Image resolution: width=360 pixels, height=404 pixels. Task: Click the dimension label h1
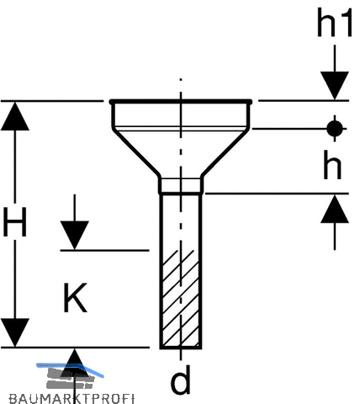pos(335,23)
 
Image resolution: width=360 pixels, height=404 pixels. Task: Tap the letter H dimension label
pos(14,222)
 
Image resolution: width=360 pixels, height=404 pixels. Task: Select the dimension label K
pos(75,298)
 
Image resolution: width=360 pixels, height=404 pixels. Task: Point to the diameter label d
pos(181,380)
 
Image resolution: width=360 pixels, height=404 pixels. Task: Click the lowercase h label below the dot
pos(332,165)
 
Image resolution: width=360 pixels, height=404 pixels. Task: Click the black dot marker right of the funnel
pos(335,129)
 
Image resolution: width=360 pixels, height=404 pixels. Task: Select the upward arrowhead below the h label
pos(335,209)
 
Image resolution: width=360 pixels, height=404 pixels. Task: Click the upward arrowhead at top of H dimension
pos(15,116)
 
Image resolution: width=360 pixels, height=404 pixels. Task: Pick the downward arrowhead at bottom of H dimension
pos(15,332)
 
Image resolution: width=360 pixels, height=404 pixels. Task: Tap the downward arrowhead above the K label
pos(75,235)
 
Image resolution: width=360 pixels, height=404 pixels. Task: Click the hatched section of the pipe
pos(181,298)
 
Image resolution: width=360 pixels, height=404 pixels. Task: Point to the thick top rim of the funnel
pos(181,102)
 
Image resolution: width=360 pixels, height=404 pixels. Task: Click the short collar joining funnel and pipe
pos(181,185)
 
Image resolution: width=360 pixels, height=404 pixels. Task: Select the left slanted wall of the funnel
pos(136,153)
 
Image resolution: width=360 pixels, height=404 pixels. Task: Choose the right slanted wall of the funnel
pos(225,153)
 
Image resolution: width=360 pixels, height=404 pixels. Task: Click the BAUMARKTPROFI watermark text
pos(71,399)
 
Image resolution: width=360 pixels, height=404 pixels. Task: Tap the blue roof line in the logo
pos(70,368)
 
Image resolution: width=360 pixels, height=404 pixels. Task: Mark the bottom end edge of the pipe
pos(181,348)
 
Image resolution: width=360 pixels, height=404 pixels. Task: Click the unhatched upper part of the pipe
pos(181,221)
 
